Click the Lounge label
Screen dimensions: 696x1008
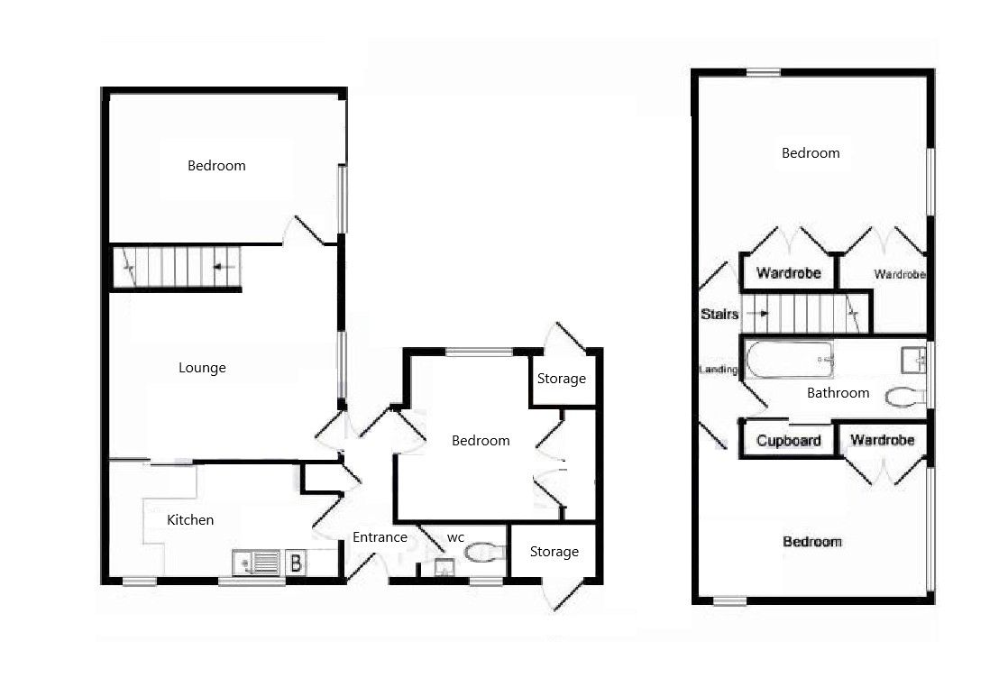pos(202,368)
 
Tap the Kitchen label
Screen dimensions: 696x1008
pos(190,520)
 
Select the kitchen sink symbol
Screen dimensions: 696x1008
pos(256,563)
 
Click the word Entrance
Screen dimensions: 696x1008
pos(380,537)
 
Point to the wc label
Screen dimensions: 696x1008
pos(455,537)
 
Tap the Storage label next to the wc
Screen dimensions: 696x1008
pos(554,552)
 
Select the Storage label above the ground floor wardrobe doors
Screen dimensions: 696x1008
pos(562,379)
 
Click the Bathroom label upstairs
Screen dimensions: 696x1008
pos(838,393)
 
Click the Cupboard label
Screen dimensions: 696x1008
pos(789,441)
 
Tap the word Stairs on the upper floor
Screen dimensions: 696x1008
pos(719,315)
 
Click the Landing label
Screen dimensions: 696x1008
pos(719,370)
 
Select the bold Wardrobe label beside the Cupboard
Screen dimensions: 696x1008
pos(883,440)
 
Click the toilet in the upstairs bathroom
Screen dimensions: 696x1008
pos(905,397)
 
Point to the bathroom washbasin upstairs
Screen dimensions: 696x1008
pos(912,361)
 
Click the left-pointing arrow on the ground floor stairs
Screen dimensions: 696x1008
pos(225,267)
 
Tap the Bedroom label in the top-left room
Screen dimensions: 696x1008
pos(216,166)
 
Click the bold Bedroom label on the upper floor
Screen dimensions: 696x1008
pos(811,542)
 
